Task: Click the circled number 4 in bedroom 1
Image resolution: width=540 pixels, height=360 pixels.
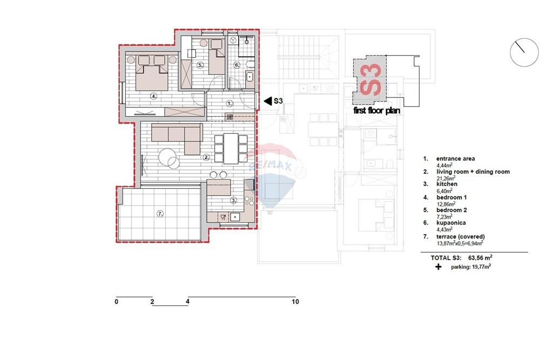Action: [153, 97]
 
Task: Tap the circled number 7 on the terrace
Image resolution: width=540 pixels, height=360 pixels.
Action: [160, 214]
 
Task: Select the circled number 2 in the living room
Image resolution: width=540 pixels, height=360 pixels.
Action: [206, 158]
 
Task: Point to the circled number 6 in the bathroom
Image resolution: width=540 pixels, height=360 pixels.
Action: [237, 65]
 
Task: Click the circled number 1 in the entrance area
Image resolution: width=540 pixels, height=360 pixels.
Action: [230, 103]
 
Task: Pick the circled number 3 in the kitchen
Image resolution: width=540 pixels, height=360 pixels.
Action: [233, 200]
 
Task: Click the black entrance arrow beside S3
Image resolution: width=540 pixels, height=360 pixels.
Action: [268, 101]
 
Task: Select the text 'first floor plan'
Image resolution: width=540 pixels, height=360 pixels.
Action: [377, 111]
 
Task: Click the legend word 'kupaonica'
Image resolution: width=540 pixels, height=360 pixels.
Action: [451, 223]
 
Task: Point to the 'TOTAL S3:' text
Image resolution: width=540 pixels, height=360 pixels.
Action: [446, 258]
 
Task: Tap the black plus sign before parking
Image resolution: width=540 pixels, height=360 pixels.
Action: [438, 267]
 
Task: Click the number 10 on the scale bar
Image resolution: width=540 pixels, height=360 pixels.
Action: [295, 302]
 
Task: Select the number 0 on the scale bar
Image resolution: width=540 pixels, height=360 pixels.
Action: [117, 302]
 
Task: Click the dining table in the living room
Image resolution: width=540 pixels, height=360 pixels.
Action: [231, 148]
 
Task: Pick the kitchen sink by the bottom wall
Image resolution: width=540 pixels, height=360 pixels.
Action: [235, 217]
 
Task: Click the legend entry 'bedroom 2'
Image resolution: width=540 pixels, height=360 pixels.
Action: [451, 210]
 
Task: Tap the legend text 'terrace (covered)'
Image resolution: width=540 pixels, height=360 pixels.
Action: [461, 237]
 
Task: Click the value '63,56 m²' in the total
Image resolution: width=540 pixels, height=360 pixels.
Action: [480, 257]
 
